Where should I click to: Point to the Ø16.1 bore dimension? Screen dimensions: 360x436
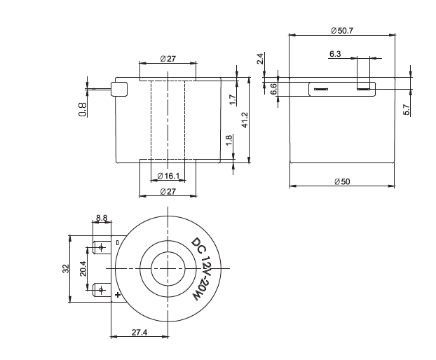coord(168,175)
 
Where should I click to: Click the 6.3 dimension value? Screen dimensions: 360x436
coord(334,53)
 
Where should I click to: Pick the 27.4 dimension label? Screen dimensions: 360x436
coord(139,333)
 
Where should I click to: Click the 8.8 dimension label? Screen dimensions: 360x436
coord(102,219)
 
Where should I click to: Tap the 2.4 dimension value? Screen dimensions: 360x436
coord(260,59)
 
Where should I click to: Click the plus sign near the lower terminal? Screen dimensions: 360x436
coord(118,295)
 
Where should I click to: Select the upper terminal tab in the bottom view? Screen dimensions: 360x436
coord(101,247)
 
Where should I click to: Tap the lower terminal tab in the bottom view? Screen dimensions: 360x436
coord(101,289)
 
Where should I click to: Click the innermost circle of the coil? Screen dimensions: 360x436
coord(168,268)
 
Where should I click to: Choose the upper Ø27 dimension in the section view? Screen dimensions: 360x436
coord(168,59)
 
